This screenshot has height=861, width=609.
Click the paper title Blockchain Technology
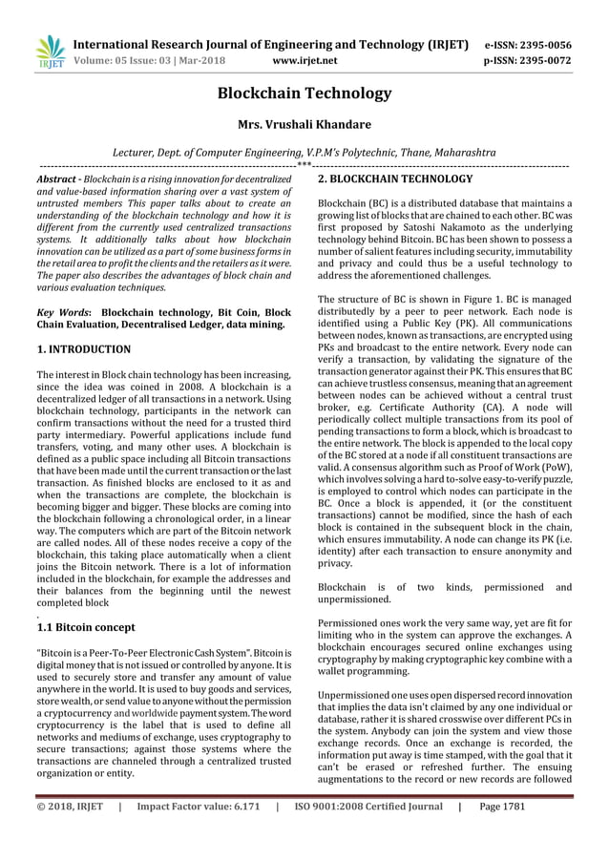tap(304, 93)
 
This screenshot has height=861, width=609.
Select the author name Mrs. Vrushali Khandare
tap(304, 125)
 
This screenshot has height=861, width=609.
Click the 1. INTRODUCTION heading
tap(83, 349)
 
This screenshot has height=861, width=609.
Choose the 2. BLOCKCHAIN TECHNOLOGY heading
tap(394, 179)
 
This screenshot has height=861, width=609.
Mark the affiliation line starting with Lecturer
tap(304, 153)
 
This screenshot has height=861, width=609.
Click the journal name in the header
tap(270, 44)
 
